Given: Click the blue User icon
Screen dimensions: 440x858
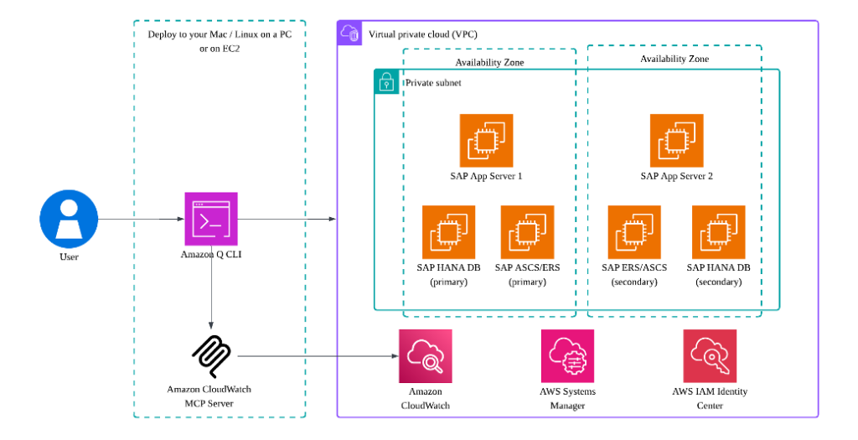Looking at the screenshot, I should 69,219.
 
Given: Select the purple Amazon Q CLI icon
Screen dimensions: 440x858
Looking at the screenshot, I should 211,219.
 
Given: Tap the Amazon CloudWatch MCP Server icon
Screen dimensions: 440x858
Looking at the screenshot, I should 211,356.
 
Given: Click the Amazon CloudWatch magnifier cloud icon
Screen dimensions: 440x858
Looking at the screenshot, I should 426,355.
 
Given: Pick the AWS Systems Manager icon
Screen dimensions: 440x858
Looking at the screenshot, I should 567,355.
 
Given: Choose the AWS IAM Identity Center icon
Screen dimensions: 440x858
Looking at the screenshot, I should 710,355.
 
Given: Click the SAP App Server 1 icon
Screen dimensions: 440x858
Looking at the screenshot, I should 486,141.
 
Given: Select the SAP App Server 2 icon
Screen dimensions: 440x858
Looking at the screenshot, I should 676,141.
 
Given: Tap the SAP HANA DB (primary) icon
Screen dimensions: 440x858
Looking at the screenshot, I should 448,232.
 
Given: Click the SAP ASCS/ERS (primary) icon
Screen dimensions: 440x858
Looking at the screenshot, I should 527,232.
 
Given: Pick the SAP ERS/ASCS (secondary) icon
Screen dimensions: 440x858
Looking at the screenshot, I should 634,232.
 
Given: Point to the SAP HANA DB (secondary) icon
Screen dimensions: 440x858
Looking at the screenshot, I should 719,232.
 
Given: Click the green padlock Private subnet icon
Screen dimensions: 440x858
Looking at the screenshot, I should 386,81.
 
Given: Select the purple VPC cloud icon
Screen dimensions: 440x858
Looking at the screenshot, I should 349,34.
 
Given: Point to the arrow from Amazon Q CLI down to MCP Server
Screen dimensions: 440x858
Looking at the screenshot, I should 211,285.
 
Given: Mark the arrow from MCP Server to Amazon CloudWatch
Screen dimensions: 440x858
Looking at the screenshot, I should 318,356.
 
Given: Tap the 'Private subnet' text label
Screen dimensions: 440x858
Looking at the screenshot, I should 433,83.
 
